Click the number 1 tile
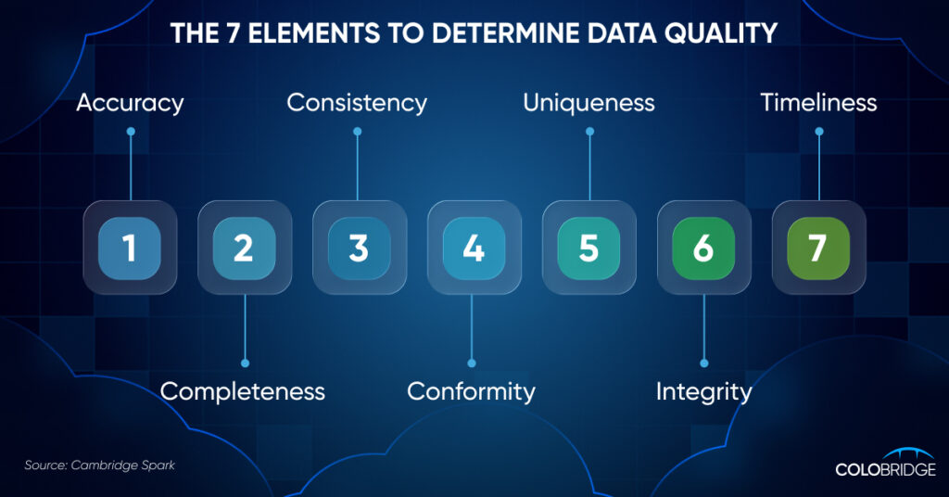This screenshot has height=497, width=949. [x=130, y=248]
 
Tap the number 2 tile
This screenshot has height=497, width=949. [x=245, y=248]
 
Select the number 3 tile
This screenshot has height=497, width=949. [x=360, y=248]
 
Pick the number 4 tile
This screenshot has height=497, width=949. [x=474, y=248]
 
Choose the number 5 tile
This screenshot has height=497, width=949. [x=588, y=248]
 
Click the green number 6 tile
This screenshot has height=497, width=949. [x=704, y=248]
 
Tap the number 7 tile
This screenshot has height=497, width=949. [x=818, y=248]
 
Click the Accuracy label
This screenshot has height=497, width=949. [x=130, y=104]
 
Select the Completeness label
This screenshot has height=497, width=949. [x=243, y=391]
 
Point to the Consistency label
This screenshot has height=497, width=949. [x=357, y=103]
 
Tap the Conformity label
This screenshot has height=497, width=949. [x=472, y=392]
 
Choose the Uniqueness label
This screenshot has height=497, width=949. [x=588, y=104]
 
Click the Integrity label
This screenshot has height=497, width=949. [x=704, y=392]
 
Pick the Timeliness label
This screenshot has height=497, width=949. [x=819, y=103]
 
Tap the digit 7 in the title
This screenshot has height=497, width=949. [x=233, y=33]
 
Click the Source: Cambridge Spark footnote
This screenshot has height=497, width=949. [x=100, y=465]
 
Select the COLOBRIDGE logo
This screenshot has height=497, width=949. [x=885, y=463]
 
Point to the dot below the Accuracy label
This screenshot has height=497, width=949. [x=131, y=132]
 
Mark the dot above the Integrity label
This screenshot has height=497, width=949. [x=704, y=363]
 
